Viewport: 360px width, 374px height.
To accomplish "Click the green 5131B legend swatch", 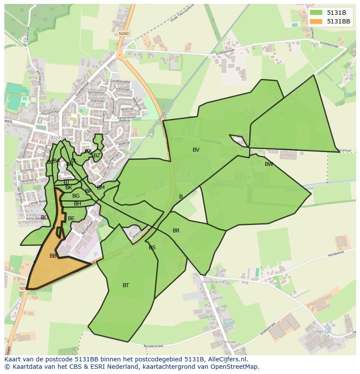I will tap(317, 13).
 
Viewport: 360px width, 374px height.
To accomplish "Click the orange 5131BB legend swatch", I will tap(317, 21).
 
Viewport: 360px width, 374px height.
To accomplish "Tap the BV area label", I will tap(196, 150).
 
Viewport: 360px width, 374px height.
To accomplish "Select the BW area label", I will tap(269, 164).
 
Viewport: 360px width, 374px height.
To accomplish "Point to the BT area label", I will tap(126, 285).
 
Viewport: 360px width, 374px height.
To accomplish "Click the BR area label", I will tap(176, 231).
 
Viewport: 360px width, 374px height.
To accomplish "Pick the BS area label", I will tap(152, 248).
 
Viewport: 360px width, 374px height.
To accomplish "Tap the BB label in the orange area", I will tap(53, 256).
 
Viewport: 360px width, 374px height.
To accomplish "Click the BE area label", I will tap(71, 218).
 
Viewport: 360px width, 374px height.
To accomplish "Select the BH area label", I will tap(77, 204).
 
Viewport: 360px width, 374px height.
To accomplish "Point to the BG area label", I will tap(76, 196).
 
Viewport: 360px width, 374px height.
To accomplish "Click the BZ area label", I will tap(97, 156).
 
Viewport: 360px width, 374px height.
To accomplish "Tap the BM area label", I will tap(101, 188).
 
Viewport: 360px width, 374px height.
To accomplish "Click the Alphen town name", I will tap(59, 138).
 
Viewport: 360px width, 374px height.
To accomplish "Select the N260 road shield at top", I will tap(124, 33).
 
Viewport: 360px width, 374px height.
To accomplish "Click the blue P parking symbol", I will tap(96, 255).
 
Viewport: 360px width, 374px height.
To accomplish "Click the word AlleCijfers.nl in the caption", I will tap(226, 360).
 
